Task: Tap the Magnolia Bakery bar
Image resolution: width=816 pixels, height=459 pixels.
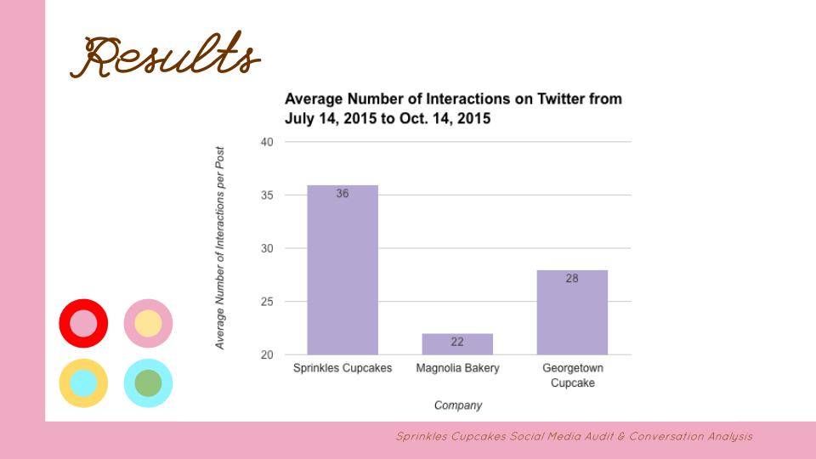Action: point(457,343)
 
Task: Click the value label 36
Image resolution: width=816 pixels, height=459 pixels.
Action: point(343,194)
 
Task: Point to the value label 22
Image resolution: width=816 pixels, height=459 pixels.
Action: point(457,343)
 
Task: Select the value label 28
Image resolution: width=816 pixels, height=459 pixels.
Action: point(572,278)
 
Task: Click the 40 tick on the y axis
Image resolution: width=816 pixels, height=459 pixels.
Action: point(267,142)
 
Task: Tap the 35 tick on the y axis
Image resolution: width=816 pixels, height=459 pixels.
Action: point(267,195)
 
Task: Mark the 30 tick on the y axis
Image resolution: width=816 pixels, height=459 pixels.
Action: point(267,248)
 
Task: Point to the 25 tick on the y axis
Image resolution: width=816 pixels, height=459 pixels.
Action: point(267,302)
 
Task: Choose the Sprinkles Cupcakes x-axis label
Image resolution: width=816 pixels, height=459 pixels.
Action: point(343,369)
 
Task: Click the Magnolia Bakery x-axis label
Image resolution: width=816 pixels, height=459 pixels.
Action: point(457,369)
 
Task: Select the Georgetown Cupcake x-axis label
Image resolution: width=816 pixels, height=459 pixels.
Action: point(572,376)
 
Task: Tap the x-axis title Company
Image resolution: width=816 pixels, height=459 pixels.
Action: point(457,405)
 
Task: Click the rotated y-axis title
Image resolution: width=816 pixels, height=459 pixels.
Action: point(220,246)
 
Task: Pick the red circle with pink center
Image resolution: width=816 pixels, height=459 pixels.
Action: point(83,323)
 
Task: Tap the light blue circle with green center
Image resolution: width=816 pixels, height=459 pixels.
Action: point(148,382)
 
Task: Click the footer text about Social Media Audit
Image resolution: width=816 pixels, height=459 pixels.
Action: point(574,437)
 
